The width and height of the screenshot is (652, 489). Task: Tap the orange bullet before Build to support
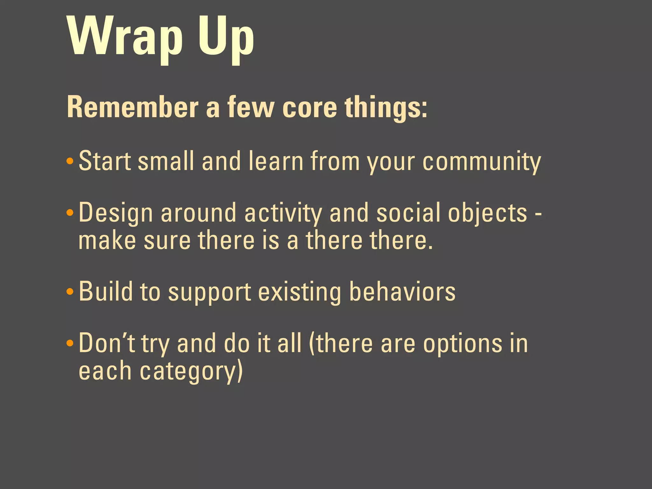click(x=70, y=292)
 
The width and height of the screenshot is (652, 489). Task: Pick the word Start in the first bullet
click(x=105, y=161)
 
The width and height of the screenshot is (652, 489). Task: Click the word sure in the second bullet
click(x=167, y=240)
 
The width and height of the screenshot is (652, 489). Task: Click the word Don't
click(x=107, y=343)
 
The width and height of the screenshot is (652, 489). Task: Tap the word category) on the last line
click(x=191, y=372)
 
